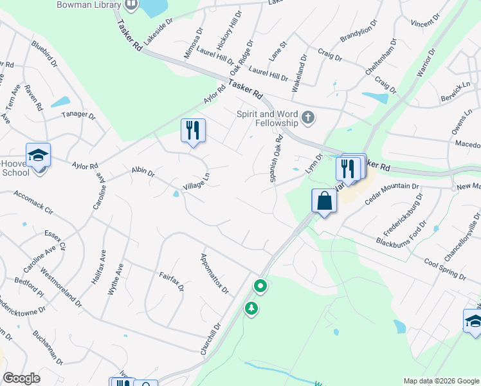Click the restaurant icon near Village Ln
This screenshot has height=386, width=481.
[x=193, y=131]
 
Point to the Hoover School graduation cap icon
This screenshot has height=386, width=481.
[x=38, y=155]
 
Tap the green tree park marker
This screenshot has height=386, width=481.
[x=251, y=309]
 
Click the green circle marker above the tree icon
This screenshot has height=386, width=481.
[x=260, y=285]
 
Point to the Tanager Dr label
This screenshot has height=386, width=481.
[x=78, y=116]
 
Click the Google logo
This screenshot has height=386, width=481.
[x=22, y=379]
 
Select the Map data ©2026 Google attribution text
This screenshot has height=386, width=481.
[x=440, y=381]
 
